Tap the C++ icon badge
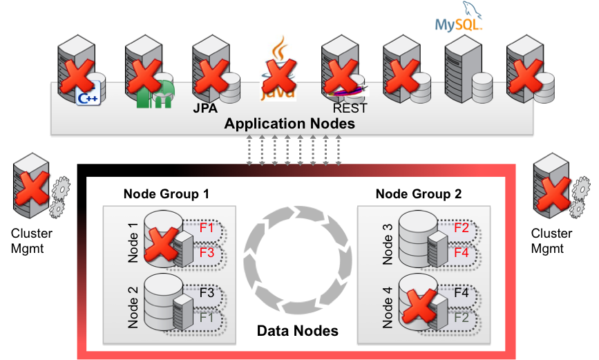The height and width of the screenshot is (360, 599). click(x=88, y=98)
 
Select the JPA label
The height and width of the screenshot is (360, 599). click(x=205, y=108)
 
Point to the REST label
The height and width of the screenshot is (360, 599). click(x=350, y=108)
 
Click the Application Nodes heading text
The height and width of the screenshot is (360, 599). click(x=289, y=124)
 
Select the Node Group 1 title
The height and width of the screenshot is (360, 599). click(x=166, y=194)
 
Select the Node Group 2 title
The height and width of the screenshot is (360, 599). click(x=419, y=194)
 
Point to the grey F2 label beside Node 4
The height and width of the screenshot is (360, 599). click(x=462, y=318)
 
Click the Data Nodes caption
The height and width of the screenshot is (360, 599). click(x=298, y=331)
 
